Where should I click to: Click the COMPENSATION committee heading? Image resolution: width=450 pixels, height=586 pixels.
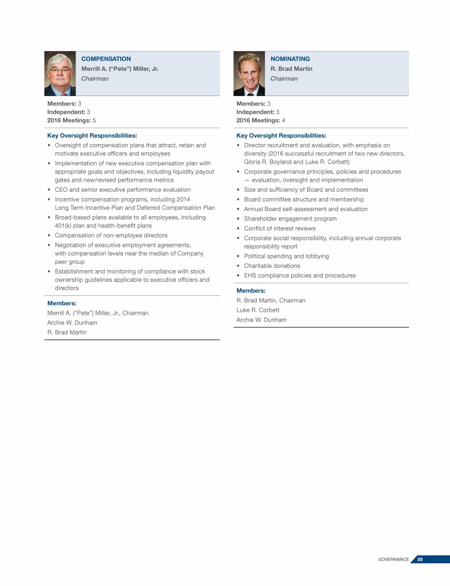pyautogui.click(x=105, y=59)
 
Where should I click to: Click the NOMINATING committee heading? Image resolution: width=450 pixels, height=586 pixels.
pyautogui.click(x=290, y=59)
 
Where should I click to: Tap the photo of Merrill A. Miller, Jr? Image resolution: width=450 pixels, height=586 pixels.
pyautogui.click(x=60, y=73)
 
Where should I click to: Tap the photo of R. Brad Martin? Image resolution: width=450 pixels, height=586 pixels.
pyautogui.click(x=249, y=73)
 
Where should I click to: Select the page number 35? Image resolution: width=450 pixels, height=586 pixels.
pyautogui.click(x=420, y=559)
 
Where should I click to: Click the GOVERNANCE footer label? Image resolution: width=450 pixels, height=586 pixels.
pyautogui.click(x=393, y=559)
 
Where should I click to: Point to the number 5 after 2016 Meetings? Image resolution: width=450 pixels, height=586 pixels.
pyautogui.click(x=94, y=120)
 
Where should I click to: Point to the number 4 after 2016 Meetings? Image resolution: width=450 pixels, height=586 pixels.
pyautogui.click(x=284, y=120)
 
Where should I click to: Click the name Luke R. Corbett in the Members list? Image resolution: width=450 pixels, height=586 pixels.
pyautogui.click(x=258, y=310)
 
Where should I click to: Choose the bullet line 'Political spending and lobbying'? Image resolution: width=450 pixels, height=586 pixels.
pyautogui.click(x=286, y=256)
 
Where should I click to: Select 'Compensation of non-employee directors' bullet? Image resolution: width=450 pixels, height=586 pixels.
pyautogui.click(x=111, y=235)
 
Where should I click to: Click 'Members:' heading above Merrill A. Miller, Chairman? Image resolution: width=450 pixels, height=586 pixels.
pyautogui.click(x=62, y=303)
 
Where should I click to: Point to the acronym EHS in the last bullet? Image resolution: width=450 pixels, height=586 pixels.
pyautogui.click(x=250, y=275)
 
